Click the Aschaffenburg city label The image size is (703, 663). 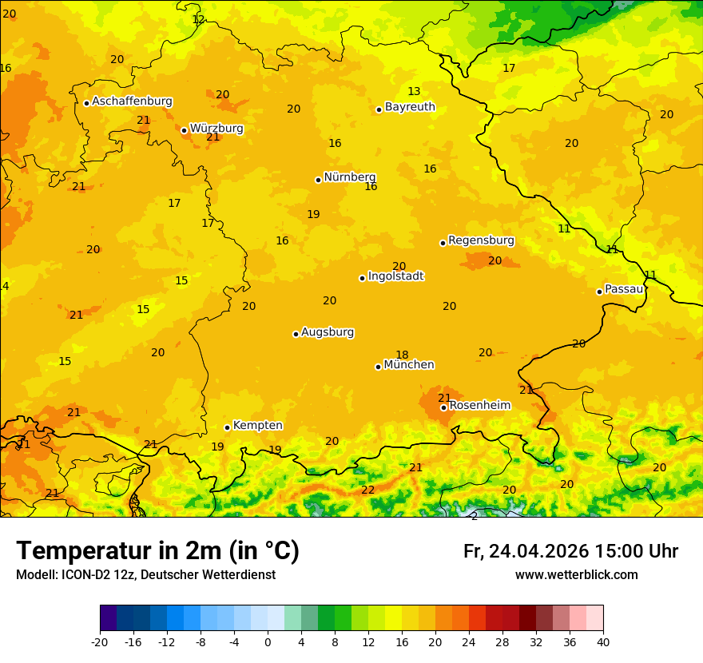[x=132, y=101]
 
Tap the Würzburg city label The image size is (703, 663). [x=216, y=128]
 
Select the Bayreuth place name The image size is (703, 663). [x=410, y=107]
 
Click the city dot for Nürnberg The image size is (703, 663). [x=318, y=180]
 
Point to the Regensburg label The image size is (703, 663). [x=481, y=240]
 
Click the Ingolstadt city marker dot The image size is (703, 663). [x=362, y=278]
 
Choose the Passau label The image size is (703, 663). [x=624, y=289]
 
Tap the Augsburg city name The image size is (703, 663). [x=328, y=332]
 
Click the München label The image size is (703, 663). [x=409, y=365]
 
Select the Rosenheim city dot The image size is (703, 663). [x=443, y=407]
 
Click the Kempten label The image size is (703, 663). [x=257, y=426]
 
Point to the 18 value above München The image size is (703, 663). [x=402, y=355]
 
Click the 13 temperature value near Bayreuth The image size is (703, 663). [x=414, y=91]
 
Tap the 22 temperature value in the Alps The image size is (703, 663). [x=367, y=490]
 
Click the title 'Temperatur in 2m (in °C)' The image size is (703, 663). [x=157, y=550]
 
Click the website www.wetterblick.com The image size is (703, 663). [x=576, y=575]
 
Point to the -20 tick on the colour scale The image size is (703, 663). [x=100, y=642]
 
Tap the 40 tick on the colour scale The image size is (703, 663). [x=603, y=642]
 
